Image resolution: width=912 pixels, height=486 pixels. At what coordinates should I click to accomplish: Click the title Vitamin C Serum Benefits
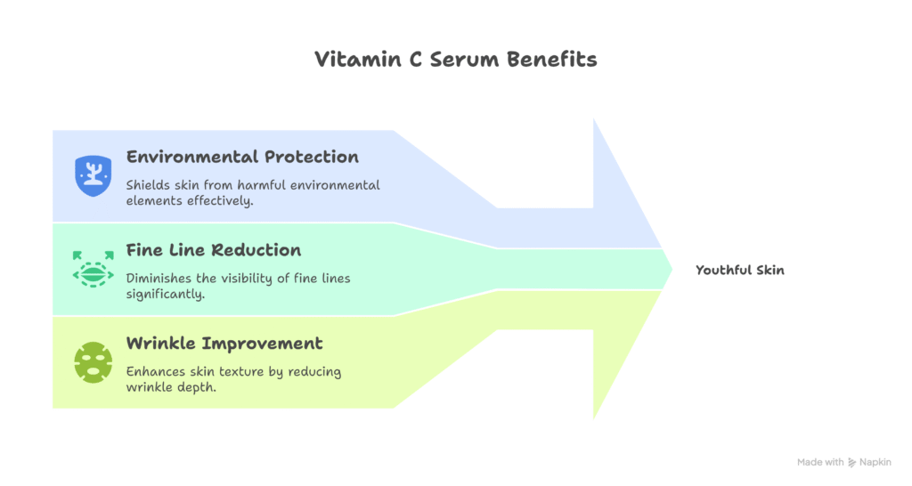(455, 60)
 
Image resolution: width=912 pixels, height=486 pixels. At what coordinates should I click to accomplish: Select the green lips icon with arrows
(94, 268)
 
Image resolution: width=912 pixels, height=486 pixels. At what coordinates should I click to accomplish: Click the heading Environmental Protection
(242, 157)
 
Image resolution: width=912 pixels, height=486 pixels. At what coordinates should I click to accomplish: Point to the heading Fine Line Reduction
(214, 250)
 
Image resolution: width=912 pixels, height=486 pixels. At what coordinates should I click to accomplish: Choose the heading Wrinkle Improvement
(224, 344)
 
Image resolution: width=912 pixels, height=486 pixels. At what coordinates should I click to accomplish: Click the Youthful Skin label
(739, 270)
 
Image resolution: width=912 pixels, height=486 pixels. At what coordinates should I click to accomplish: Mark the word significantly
(166, 294)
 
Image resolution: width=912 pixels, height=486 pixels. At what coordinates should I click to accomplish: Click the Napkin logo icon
(852, 462)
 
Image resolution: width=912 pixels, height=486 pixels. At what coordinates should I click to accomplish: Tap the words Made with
(820, 462)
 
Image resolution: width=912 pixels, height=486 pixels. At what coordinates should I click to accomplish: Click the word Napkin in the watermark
(876, 462)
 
